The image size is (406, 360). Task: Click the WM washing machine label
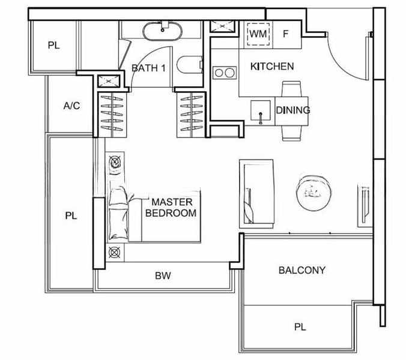[x=258, y=34]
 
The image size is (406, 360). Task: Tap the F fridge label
[x=286, y=34]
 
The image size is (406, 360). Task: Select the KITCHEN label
[x=272, y=67]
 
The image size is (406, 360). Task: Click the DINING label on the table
[x=293, y=110]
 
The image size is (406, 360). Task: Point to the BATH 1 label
[x=148, y=68]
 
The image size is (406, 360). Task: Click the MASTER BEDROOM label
[x=171, y=208]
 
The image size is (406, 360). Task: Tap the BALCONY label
[x=302, y=270]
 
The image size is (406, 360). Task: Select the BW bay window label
[x=163, y=275]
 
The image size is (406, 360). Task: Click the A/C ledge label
[x=71, y=106]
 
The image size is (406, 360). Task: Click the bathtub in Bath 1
[x=162, y=31]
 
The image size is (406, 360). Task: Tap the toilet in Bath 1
[x=190, y=65]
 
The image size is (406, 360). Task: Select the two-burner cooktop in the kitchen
[x=225, y=73]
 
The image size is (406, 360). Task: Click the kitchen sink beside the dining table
[x=261, y=110]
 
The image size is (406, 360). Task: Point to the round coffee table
[x=314, y=193]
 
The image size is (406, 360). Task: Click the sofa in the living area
[x=256, y=194]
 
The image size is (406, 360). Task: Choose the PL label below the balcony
[x=300, y=327]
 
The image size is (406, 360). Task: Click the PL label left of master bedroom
[x=71, y=215]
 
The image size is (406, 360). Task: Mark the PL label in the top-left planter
[x=53, y=46]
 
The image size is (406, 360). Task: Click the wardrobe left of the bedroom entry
[x=112, y=115]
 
